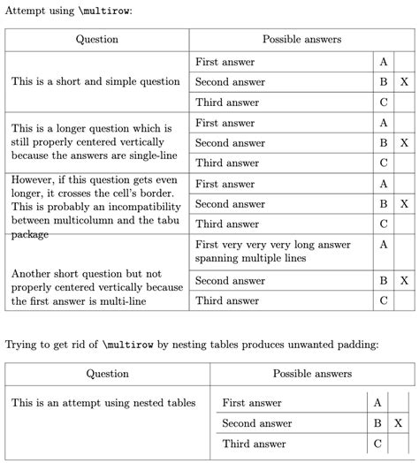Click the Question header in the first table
click(97, 40)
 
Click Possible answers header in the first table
click(301, 40)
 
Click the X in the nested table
click(404, 423)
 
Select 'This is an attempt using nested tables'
click(103, 403)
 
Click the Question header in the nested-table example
click(107, 374)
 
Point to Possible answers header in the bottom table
click(312, 374)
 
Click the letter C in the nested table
click(377, 444)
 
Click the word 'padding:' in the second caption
click(356, 344)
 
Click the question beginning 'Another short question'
click(96, 287)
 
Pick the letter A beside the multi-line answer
click(384, 245)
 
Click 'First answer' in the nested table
click(252, 403)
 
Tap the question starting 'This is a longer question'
click(94, 142)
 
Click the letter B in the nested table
click(377, 423)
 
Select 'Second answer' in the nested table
click(257, 423)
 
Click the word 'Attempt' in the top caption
click(24, 11)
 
